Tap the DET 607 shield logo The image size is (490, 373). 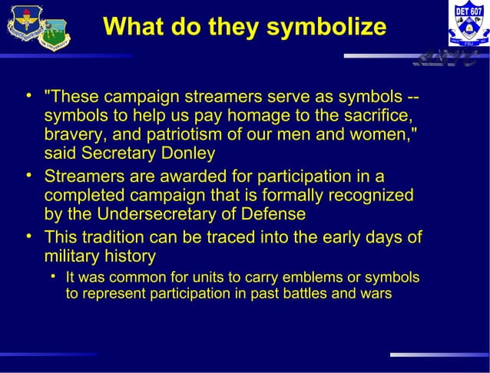point(468,27)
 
